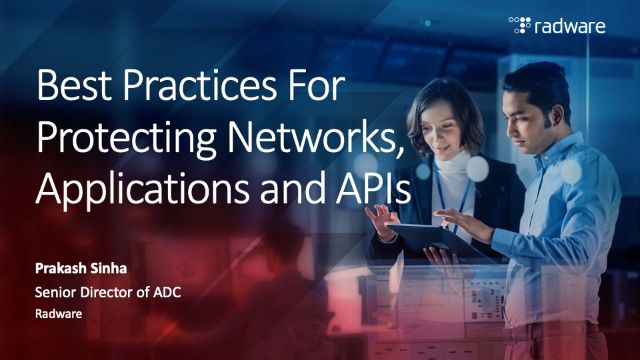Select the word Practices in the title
click(209, 88)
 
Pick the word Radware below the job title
click(60, 312)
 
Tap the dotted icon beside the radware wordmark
click(522, 25)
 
